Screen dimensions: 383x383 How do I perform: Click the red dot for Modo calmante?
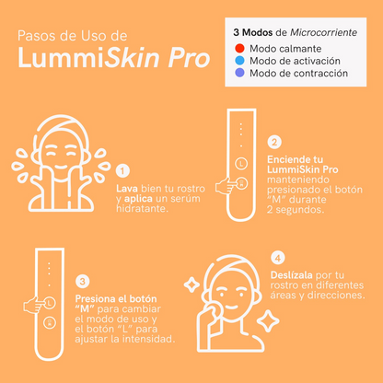pyautogui.click(x=239, y=48)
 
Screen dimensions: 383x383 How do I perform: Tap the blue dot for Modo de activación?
pyautogui.click(x=239, y=61)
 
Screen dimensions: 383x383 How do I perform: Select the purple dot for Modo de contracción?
pyautogui.click(x=239, y=73)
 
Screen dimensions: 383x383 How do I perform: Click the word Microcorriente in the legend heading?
pyautogui.click(x=323, y=32)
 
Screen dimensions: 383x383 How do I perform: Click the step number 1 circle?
pyautogui.click(x=122, y=171)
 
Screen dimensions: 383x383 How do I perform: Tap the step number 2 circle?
pyautogui.click(x=274, y=142)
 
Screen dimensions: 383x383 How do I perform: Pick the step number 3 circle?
pyautogui.click(x=82, y=282)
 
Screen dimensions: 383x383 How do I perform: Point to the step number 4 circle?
pyautogui.click(x=278, y=258)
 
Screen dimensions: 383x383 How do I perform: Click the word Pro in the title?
pyautogui.click(x=189, y=58)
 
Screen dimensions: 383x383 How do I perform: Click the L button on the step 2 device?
pyautogui.click(x=241, y=164)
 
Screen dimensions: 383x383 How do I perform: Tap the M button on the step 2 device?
pyautogui.click(x=242, y=183)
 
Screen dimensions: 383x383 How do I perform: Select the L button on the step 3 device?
pyautogui.click(x=49, y=303)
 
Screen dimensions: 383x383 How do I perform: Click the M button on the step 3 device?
pyautogui.click(x=50, y=323)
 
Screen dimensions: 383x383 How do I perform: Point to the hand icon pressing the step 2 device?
pyautogui.click(x=226, y=186)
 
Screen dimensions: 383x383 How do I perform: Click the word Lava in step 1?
pyautogui.click(x=127, y=189)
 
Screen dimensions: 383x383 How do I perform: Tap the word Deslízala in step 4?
pyautogui.click(x=292, y=275)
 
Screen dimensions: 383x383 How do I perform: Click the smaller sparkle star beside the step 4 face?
pyautogui.click(x=192, y=284)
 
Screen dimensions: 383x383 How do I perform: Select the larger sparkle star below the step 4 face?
pyautogui.click(x=268, y=321)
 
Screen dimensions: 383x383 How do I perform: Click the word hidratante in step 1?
pyautogui.click(x=143, y=209)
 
